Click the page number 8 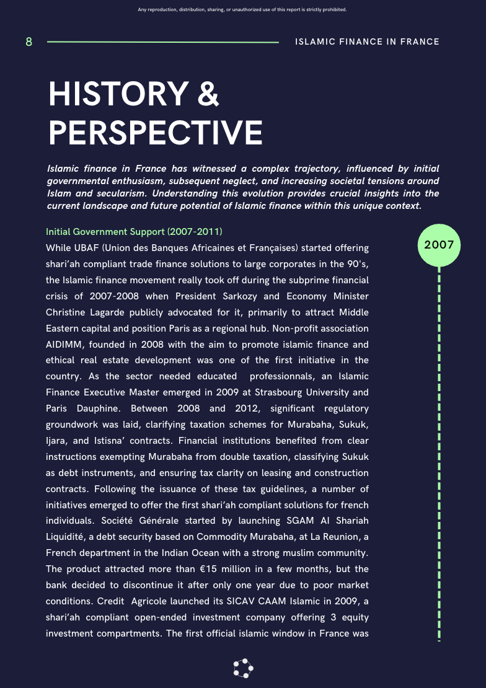pyautogui.click(x=29, y=42)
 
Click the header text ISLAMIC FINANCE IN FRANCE pyautogui.click(x=368, y=42)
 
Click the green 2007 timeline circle pyautogui.click(x=439, y=245)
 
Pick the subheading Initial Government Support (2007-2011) pyautogui.click(x=134, y=232)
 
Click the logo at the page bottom pyautogui.click(x=243, y=668)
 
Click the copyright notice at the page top pyautogui.click(x=242, y=10)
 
